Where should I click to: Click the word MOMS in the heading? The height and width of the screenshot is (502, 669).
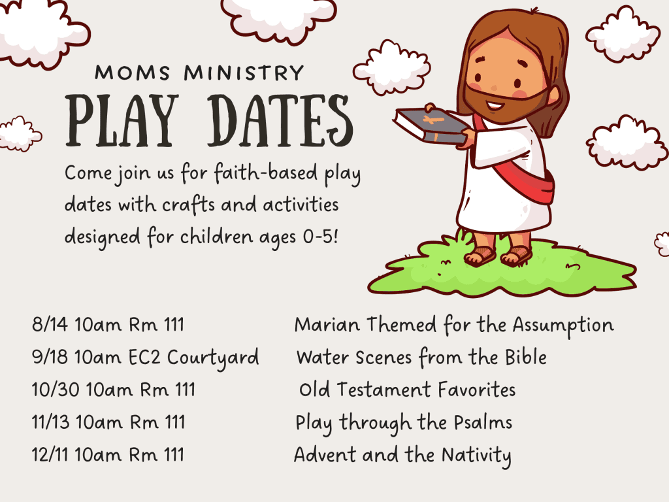133,73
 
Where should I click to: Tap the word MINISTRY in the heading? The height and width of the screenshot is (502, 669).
244,73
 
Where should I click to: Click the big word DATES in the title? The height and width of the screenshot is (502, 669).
280,121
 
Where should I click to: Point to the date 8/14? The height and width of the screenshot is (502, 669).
50,324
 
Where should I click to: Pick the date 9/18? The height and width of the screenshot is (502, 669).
50,357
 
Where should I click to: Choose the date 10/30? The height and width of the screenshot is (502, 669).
56,390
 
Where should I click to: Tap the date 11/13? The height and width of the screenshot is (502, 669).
50,422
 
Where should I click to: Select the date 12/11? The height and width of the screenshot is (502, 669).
50,455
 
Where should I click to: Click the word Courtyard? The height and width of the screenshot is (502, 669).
213,359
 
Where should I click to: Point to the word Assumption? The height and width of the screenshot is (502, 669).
563,326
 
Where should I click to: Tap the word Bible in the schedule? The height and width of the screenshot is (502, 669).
526,357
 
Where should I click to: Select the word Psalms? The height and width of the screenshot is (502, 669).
483,422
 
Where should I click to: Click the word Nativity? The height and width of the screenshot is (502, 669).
476,456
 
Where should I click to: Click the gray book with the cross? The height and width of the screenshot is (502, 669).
431,125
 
